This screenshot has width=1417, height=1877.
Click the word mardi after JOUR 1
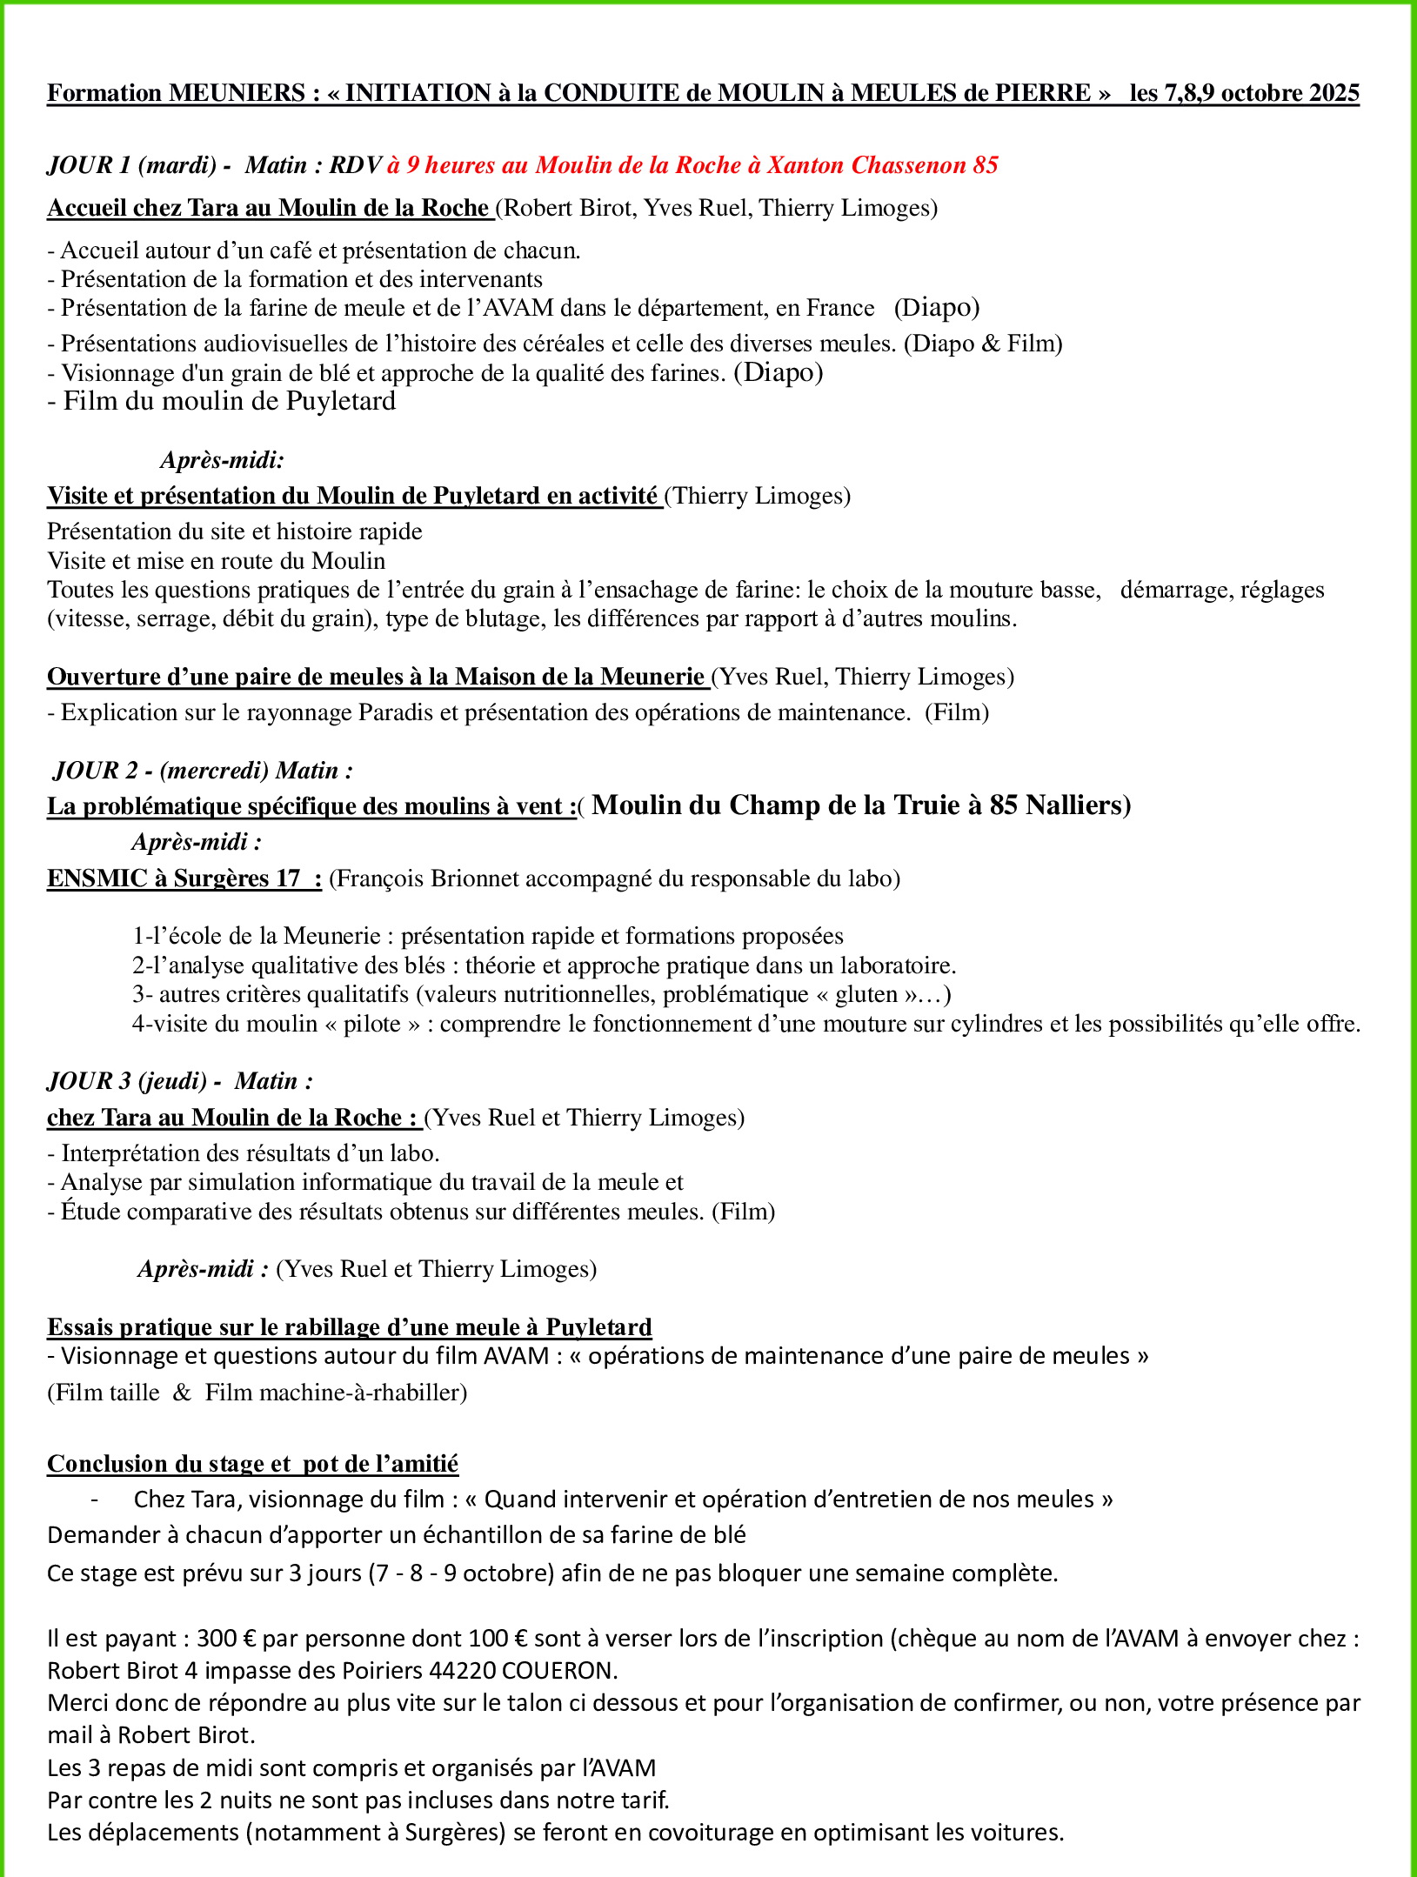(177, 165)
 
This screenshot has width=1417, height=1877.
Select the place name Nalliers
(1079, 805)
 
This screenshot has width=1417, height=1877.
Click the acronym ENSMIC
(97, 878)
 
